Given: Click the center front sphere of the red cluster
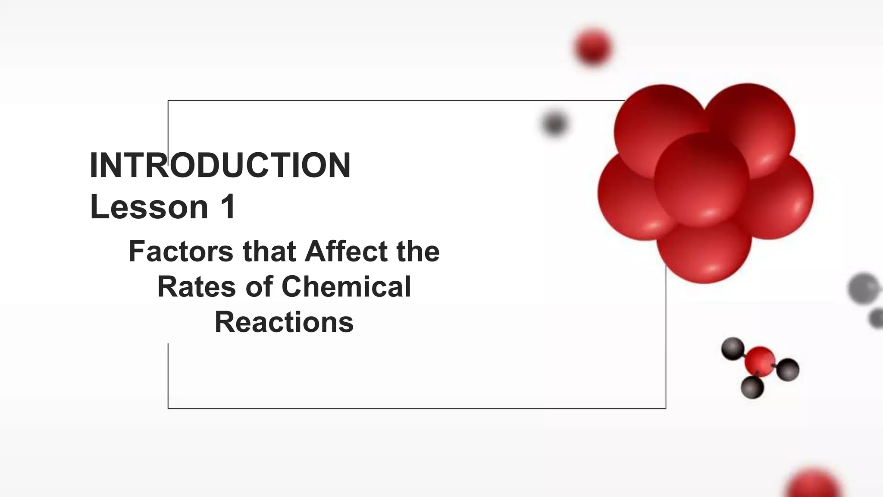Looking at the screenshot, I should pos(701,180).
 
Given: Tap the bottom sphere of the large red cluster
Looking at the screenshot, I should pos(704,255).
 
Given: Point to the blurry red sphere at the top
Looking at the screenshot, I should pos(593,47).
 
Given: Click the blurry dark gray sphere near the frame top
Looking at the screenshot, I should pos(554,124).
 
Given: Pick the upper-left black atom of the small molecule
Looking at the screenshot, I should pos(733,349).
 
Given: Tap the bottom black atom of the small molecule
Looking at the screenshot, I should pos(752,387).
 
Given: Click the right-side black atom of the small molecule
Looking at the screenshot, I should pos(788,370).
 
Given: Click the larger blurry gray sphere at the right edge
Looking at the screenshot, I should pos(864,288).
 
